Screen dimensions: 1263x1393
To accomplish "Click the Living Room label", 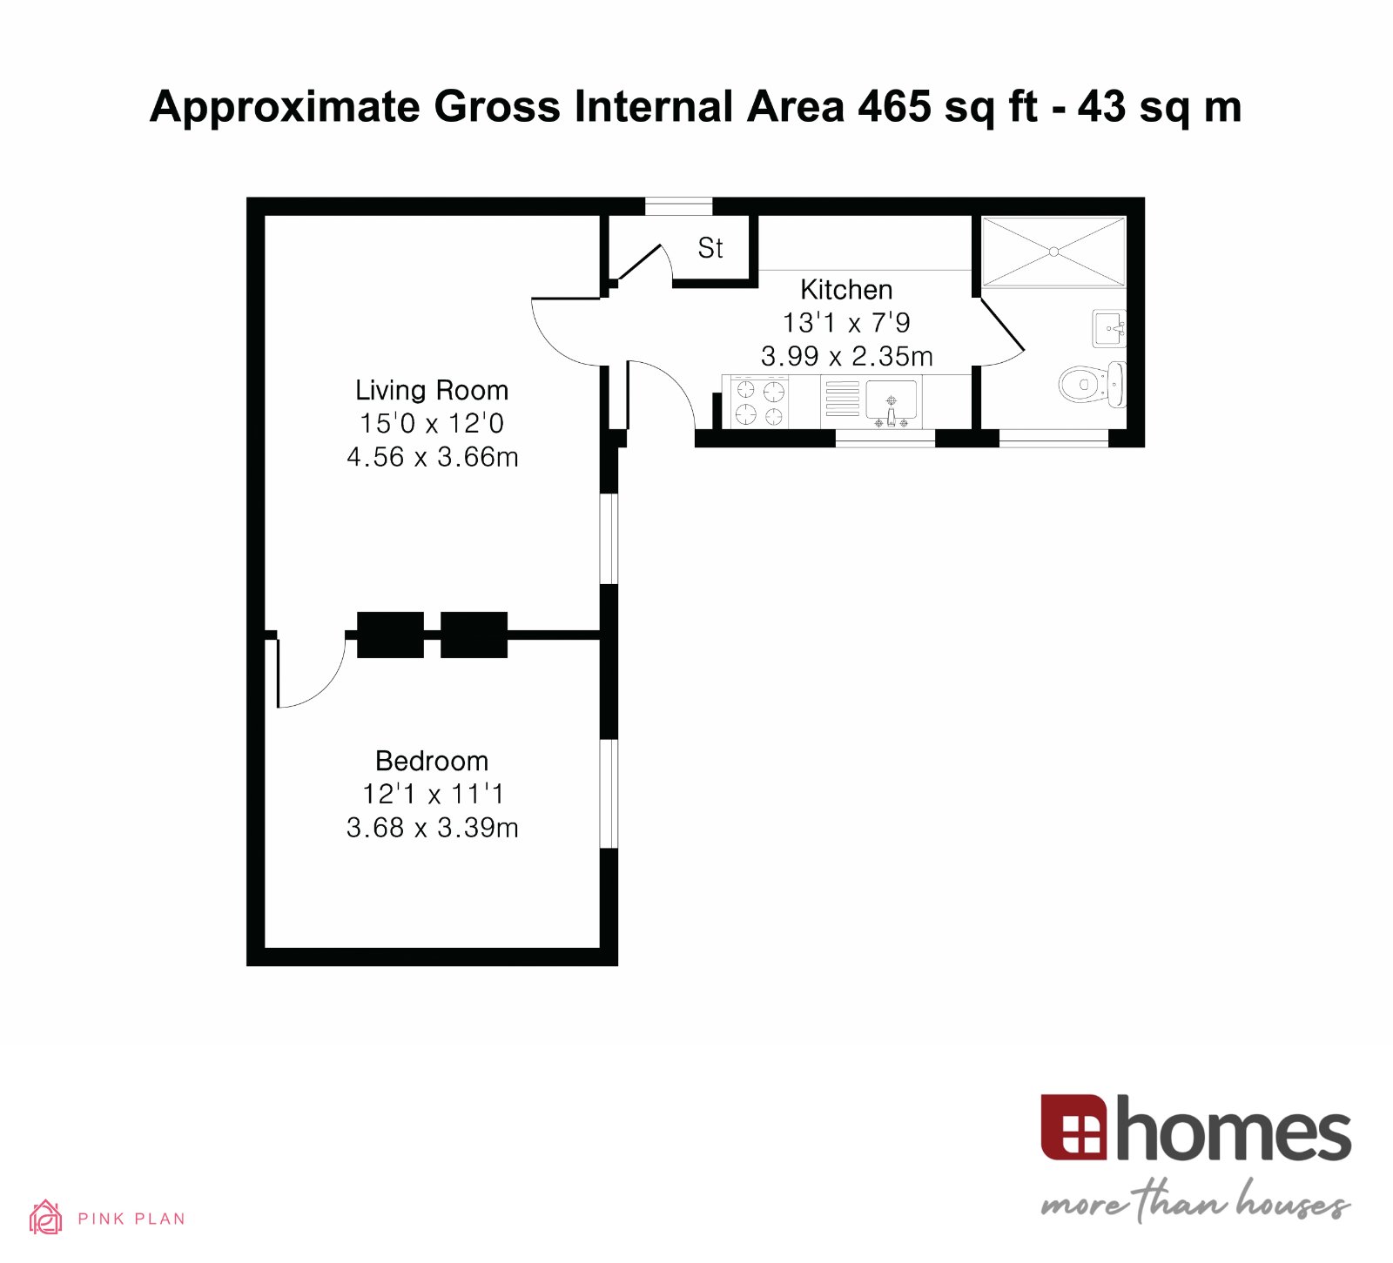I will click(x=432, y=390).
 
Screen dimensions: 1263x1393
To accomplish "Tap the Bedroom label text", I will click(x=432, y=761).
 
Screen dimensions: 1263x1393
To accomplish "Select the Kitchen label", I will click(x=846, y=289).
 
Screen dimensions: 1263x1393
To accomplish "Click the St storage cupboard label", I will click(x=710, y=248).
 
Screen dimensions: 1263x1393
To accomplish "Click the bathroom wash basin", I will click(x=1109, y=328).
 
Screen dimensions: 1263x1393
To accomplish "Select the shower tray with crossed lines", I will click(x=1053, y=252).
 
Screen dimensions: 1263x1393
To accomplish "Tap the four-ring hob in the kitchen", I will click(x=759, y=402).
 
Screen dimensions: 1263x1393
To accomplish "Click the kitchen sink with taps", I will click(x=891, y=403).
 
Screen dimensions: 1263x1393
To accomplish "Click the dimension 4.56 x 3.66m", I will click(x=432, y=457).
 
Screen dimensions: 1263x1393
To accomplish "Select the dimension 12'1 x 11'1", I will click(x=432, y=794).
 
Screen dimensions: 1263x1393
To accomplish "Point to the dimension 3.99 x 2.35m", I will click(x=846, y=356).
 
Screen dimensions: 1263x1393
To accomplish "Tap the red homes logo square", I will click(x=1073, y=1127).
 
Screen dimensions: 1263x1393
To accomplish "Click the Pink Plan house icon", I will click(x=45, y=1217).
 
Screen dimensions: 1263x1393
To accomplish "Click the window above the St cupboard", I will click(x=678, y=206).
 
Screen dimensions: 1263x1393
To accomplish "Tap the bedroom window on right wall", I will click(x=609, y=793).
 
